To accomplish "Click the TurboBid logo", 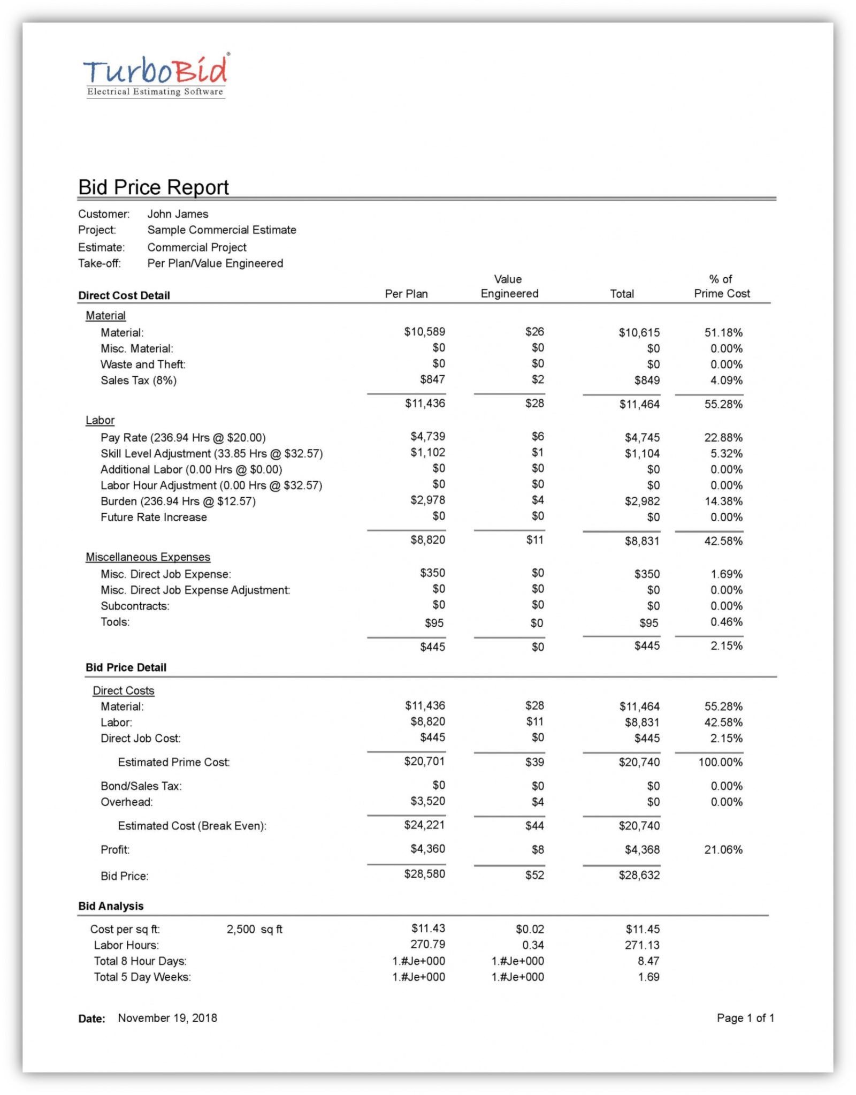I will tap(156, 75).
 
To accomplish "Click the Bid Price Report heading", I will tap(153, 187).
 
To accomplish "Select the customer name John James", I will tap(178, 214).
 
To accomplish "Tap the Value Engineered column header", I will tap(509, 286).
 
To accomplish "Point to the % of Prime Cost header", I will tap(721, 286).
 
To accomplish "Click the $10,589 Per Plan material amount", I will tap(424, 332).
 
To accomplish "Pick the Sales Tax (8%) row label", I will tap(138, 381).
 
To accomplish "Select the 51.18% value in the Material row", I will tap(723, 333).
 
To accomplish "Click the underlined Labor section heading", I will tap(100, 421).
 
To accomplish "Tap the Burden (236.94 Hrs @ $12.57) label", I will tap(178, 501).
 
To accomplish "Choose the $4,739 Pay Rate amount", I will tap(427, 437).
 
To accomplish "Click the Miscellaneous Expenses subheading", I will tap(148, 557).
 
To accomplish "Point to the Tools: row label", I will tap(115, 622).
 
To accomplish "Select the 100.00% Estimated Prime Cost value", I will tap(720, 762).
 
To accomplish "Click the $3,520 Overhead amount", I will tap(427, 801).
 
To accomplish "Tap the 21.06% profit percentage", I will tap(723, 850).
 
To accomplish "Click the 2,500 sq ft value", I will tap(254, 929).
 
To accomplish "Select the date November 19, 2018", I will tap(167, 1018).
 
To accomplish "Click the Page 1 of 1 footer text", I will tap(745, 1018).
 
